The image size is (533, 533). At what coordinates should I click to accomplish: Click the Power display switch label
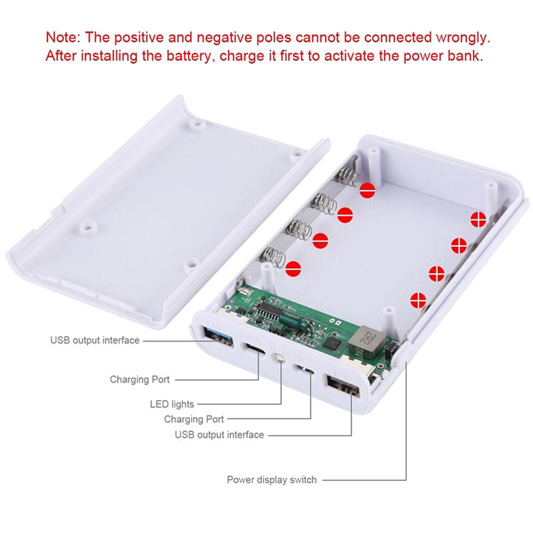point(272,480)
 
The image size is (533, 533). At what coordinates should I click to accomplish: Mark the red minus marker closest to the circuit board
point(292,270)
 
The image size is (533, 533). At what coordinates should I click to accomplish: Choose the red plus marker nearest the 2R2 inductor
point(418,300)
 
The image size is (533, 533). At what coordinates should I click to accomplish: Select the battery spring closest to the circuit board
point(272,257)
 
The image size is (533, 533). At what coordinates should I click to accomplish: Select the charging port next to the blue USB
point(255,351)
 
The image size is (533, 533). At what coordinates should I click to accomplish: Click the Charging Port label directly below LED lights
point(194,419)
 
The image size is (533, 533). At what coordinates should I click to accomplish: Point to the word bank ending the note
point(466,55)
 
